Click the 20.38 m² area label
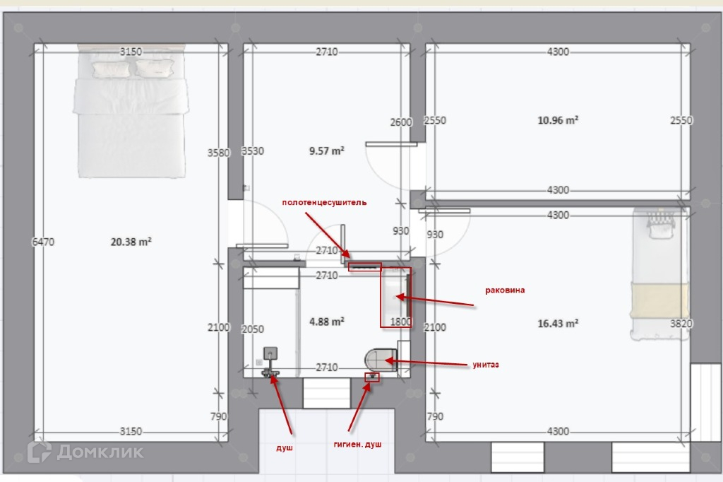tap(131, 242)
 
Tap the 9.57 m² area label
tap(326, 151)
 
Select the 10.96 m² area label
tap(558, 120)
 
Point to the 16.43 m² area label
tap(558, 323)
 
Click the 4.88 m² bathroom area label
tap(326, 322)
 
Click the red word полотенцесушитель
tap(324, 202)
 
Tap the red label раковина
tap(505, 290)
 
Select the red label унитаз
tap(486, 365)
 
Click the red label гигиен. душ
tap(357, 445)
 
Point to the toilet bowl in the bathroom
tap(381, 360)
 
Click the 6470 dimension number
tap(43, 242)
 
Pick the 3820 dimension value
tap(681, 324)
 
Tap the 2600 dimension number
tap(401, 122)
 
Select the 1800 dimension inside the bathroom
tap(400, 322)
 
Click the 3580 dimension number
tap(219, 153)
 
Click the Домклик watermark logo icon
tap(40, 451)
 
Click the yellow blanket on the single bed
tap(659, 300)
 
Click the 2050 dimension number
tap(253, 329)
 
